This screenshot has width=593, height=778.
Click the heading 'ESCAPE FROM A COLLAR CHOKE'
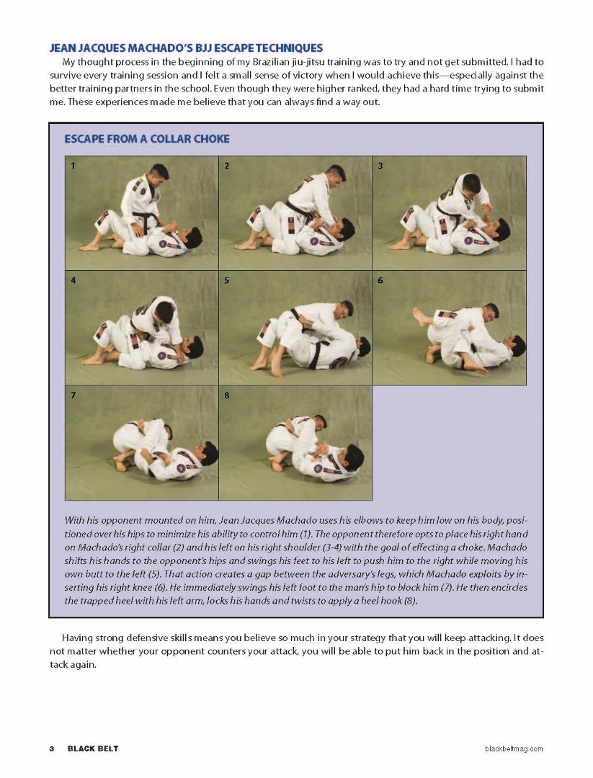pyautogui.click(x=147, y=138)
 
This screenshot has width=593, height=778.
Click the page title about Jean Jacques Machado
pyautogui.click(x=186, y=48)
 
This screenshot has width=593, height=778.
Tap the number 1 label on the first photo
pyautogui.click(x=73, y=166)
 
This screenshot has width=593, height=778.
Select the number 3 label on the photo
pyautogui.click(x=380, y=166)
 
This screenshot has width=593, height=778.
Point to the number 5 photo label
pyautogui.click(x=226, y=280)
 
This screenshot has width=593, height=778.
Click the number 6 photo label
pyautogui.click(x=380, y=280)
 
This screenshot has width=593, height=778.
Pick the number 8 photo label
pyautogui.click(x=226, y=395)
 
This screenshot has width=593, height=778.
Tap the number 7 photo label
pyautogui.click(x=73, y=395)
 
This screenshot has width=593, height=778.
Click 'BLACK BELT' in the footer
pyautogui.click(x=93, y=748)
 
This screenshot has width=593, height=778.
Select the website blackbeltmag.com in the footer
pyautogui.click(x=514, y=748)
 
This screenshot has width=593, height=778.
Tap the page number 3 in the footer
pyautogui.click(x=52, y=748)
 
